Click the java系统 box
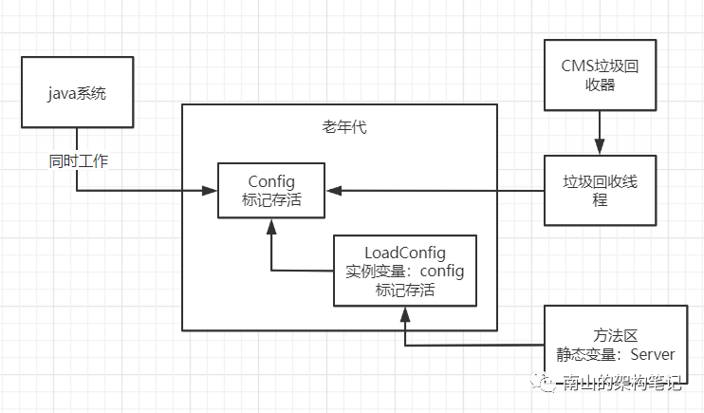tap(76, 92)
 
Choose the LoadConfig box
tap(405, 272)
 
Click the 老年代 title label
tap(338, 127)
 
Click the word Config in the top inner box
tap(272, 181)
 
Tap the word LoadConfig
tap(405, 253)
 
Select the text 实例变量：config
tap(405, 272)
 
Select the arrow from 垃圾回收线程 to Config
tap(436, 191)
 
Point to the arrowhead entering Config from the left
tap(212, 191)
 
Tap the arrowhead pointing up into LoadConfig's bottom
tap(406, 313)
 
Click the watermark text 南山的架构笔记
tap(621, 384)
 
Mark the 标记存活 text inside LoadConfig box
tap(405, 291)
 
